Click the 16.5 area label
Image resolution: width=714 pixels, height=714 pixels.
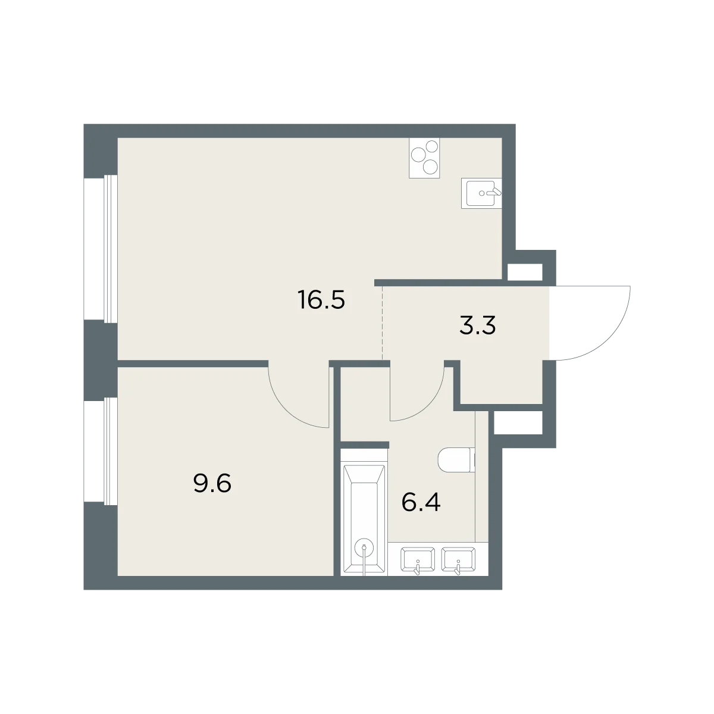pos(321,300)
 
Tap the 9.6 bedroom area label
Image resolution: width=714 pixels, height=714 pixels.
pos(212,484)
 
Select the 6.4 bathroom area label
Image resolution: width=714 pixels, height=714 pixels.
pos(421,502)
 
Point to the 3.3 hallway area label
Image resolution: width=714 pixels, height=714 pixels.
pos(477,325)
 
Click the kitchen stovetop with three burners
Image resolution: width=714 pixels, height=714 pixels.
pos(424,158)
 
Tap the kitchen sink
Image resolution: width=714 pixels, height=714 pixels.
pos(481,193)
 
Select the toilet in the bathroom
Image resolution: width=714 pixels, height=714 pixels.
pos(456,461)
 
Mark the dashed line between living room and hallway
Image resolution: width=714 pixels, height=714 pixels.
pos(383,323)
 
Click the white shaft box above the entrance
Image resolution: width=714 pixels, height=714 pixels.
pos(525,273)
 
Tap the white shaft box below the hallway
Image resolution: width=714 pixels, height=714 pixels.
pos(518,422)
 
